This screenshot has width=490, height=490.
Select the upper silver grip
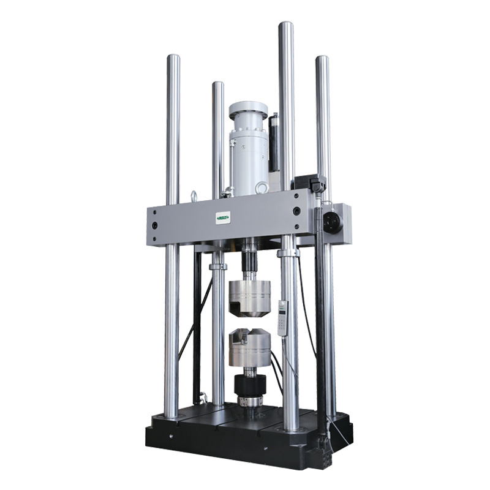[249, 298]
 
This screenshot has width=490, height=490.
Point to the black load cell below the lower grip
[250, 386]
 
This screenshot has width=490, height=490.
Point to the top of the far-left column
[173, 59]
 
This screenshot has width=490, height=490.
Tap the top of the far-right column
[322, 60]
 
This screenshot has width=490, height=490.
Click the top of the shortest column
[218, 85]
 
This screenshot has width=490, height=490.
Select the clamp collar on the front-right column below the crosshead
[287, 252]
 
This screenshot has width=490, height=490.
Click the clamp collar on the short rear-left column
[217, 266]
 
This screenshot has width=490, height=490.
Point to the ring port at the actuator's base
[262, 187]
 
